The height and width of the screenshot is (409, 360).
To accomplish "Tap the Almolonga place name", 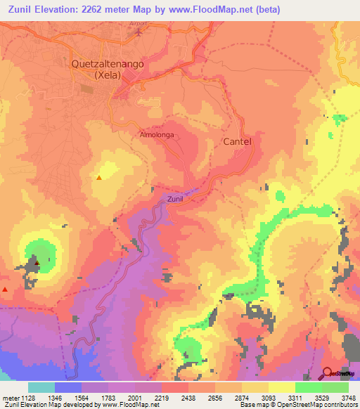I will click(156, 134).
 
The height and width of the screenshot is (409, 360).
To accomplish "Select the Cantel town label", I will click(237, 141).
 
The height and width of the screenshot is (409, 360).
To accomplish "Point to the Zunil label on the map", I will click(176, 200).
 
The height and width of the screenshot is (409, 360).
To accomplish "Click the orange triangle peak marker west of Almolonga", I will click(98, 177).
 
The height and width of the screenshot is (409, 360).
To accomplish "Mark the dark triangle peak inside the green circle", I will click(37, 263).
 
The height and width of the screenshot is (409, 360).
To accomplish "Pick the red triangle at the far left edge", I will click(6, 289).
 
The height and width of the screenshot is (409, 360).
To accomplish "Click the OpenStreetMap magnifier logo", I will click(328, 373).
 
